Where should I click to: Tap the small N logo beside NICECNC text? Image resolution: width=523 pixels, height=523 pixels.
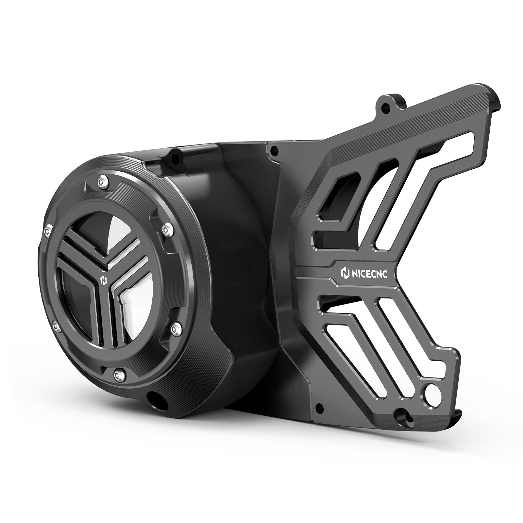tap(344, 273)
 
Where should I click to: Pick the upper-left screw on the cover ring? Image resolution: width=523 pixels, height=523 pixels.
tap(48, 231)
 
